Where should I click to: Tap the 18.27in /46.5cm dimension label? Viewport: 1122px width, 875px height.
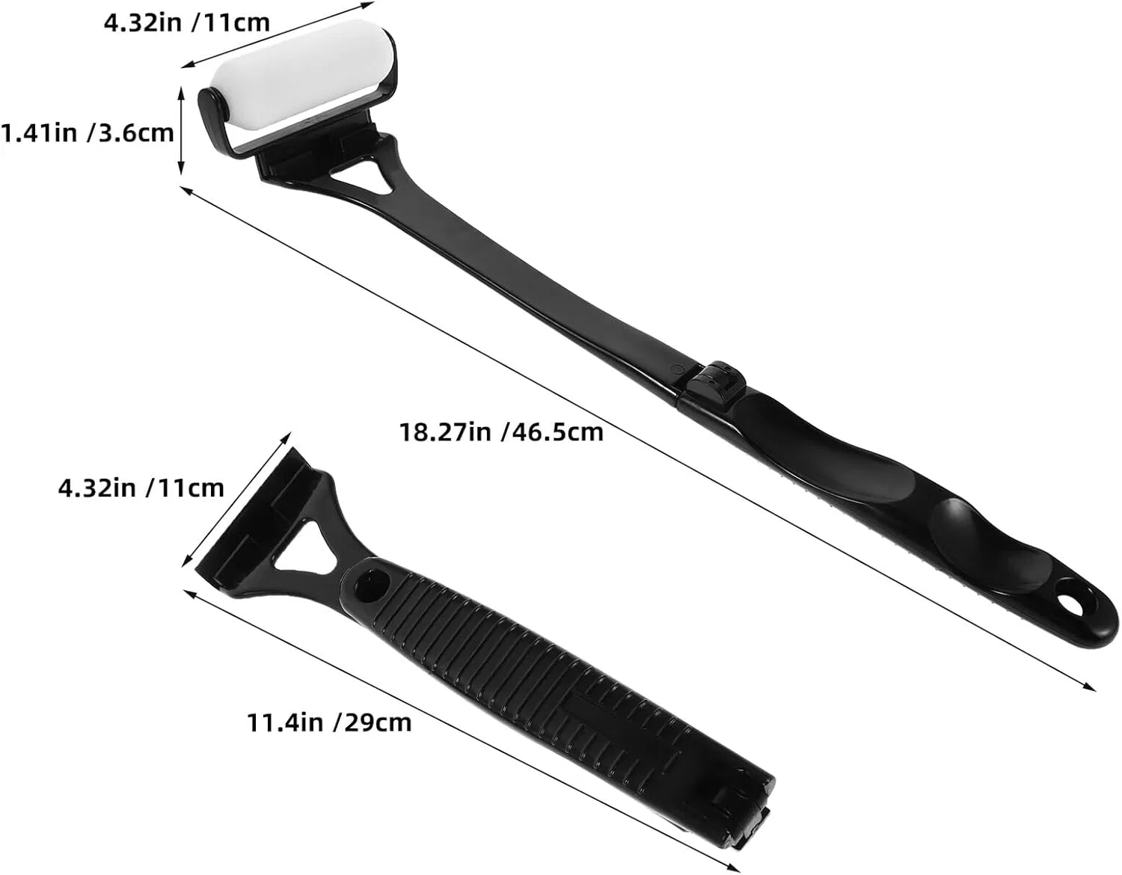pos(501,432)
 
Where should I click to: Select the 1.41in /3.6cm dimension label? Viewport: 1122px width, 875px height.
pos(87,132)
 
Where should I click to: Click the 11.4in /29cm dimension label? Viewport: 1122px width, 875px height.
pos(329,722)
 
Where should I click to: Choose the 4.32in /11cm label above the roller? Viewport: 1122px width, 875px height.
pos(186,22)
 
